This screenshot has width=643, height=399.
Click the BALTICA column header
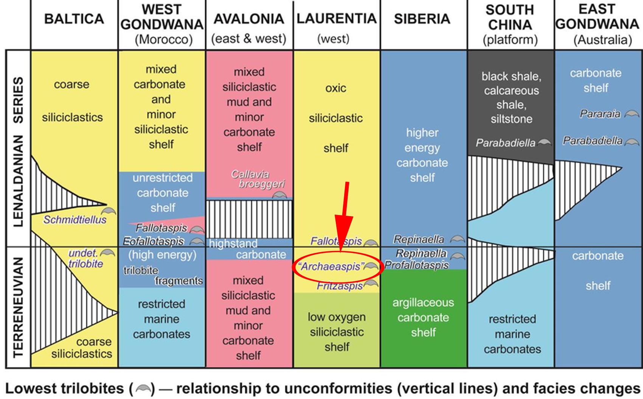tap(74, 19)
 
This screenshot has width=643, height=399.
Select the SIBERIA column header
tap(422, 19)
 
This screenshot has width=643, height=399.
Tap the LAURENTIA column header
tap(336, 19)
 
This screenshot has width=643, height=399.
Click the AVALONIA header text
tap(249, 19)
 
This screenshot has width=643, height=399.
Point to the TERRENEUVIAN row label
tap(18, 307)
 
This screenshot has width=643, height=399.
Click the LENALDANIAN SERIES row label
tap(18, 151)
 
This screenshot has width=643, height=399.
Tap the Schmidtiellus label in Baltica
tap(75, 220)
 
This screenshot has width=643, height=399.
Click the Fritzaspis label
tap(340, 286)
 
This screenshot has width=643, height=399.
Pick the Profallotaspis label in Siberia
tap(416, 265)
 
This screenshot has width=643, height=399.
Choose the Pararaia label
tap(600, 114)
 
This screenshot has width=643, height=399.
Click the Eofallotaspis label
tap(154, 241)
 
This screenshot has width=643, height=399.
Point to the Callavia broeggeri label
tap(257, 179)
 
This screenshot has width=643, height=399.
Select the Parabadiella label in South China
tap(505, 143)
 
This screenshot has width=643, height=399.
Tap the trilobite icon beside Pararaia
tap(632, 114)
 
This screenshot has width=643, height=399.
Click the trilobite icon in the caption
tap(143, 388)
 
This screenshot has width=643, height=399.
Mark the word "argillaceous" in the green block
tap(423, 302)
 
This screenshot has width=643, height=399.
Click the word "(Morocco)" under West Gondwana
tap(163, 39)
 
